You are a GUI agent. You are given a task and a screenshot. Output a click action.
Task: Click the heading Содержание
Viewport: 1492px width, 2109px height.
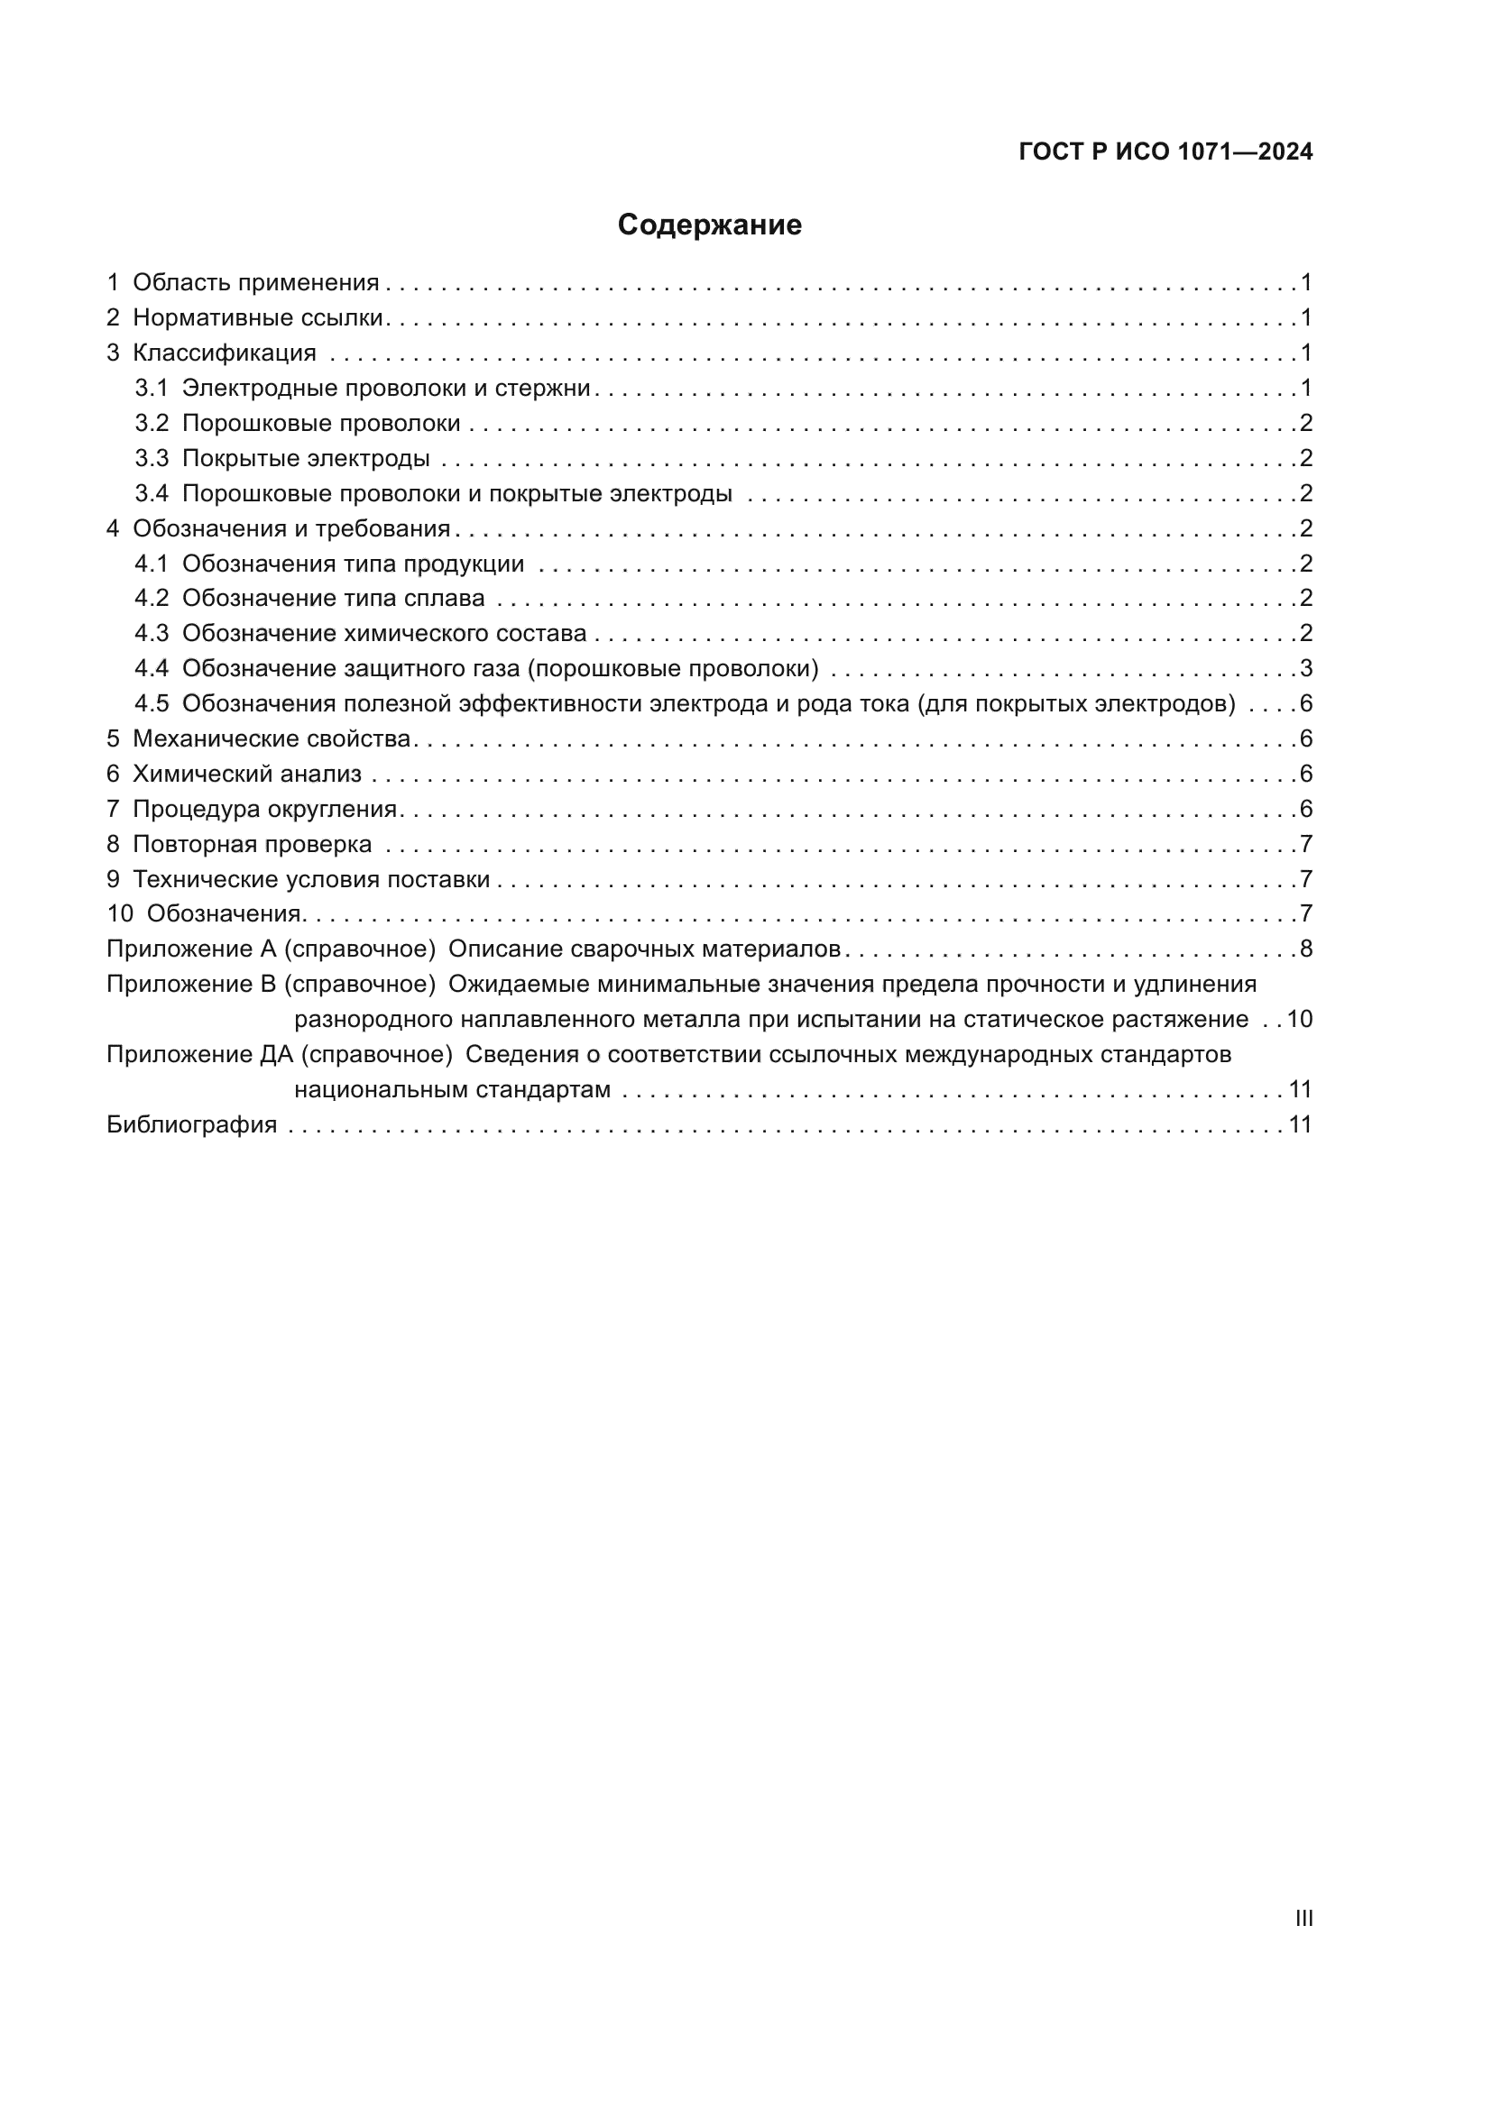click(x=709, y=225)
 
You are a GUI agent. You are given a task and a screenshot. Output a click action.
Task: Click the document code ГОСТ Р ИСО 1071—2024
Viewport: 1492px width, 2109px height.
click(x=1165, y=152)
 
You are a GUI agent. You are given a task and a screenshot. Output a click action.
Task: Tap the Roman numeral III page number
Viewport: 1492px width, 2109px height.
click(x=1303, y=1918)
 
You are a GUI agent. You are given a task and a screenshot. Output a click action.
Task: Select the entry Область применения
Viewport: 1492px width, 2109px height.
click(x=255, y=283)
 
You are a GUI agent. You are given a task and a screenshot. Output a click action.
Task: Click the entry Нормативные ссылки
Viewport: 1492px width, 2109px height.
click(x=257, y=317)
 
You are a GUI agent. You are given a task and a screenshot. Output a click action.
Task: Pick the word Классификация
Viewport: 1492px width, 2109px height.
click(x=225, y=353)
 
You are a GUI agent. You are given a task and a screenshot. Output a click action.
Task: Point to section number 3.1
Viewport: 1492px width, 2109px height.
click(x=152, y=389)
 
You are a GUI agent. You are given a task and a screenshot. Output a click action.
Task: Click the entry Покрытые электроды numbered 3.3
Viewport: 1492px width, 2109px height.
click(x=305, y=458)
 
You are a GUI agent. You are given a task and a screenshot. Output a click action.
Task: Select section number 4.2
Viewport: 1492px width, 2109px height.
click(x=152, y=599)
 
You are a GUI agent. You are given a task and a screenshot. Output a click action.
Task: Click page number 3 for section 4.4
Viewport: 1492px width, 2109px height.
click(x=1306, y=669)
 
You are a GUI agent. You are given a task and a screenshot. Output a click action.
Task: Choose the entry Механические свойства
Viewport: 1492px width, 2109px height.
click(x=271, y=738)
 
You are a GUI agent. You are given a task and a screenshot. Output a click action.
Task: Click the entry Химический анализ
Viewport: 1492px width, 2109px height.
click(x=247, y=775)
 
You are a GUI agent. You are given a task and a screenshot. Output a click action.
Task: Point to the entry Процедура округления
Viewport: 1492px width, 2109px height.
click(x=264, y=809)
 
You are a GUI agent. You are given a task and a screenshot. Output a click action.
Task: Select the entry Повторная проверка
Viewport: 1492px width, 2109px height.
click(x=252, y=844)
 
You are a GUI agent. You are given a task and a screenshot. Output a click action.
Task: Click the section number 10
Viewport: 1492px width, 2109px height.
click(x=120, y=914)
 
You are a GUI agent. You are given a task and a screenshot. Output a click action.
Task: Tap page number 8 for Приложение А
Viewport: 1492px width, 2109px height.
click(x=1306, y=949)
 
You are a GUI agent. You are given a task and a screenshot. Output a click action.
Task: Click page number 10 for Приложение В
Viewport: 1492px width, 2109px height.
click(x=1299, y=1020)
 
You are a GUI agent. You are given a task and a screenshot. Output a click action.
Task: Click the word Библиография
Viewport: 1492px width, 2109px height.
click(x=192, y=1125)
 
